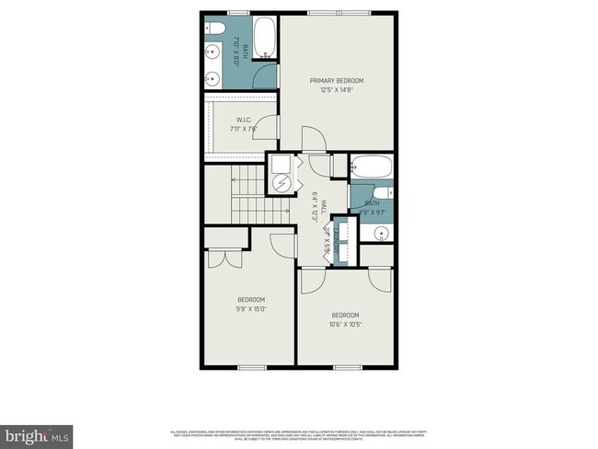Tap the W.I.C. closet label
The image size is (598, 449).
244,120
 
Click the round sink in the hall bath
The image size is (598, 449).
380,234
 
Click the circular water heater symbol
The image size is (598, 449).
282,182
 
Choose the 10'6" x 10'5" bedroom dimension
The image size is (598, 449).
345,323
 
